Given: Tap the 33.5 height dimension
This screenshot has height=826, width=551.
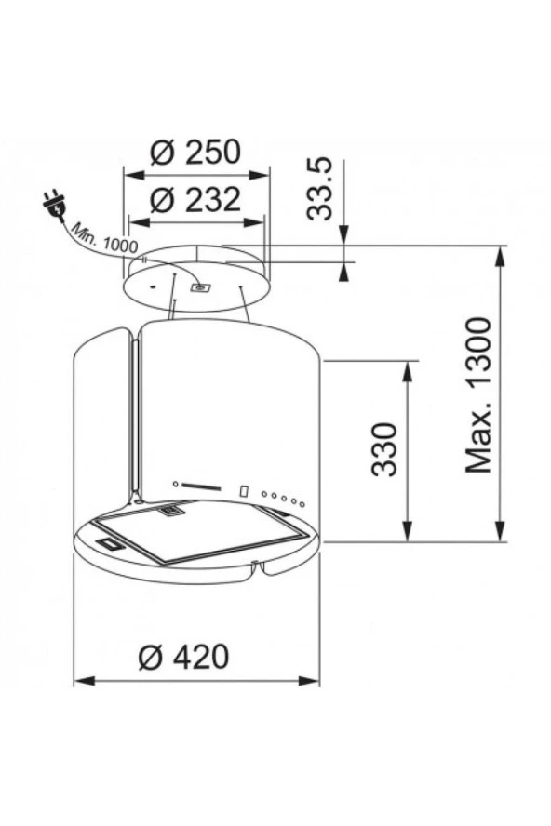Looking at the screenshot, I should tap(320, 189).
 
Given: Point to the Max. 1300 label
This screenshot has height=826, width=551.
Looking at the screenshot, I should tap(478, 393).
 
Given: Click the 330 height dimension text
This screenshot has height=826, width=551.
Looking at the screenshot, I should tap(384, 449).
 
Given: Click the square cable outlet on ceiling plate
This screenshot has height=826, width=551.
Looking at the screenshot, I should tap(199, 288).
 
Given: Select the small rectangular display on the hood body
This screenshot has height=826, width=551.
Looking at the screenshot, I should tap(244, 490).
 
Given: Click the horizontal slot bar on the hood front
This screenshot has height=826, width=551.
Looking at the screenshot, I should tap(200, 485).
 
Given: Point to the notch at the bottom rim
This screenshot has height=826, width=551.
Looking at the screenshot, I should tap(256, 566).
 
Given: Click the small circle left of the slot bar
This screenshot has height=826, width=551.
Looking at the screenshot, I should tap(174, 484).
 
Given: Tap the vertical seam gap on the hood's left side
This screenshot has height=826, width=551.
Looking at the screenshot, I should tap(135, 419).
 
